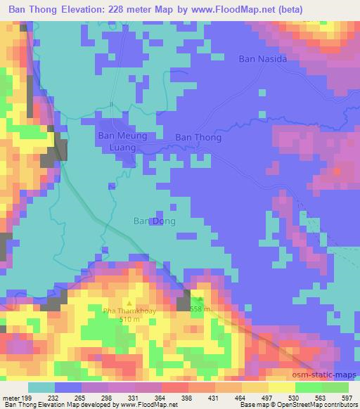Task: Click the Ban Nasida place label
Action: click(x=263, y=59)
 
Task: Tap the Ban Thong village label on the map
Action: click(x=198, y=138)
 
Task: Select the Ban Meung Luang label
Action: click(x=122, y=141)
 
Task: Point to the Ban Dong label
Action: click(x=154, y=221)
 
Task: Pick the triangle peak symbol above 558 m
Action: click(x=200, y=300)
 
